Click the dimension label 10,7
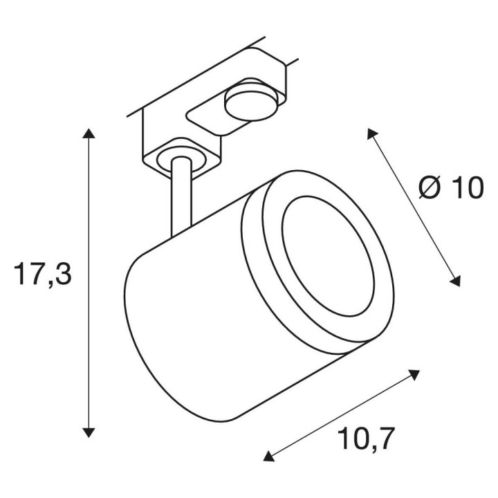click(x=367, y=439)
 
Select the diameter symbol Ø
click(x=430, y=188)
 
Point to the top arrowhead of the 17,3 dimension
click(x=89, y=133)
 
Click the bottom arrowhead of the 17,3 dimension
click(x=89, y=432)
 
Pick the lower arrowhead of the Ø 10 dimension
click(x=455, y=281)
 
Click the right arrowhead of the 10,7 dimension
click(x=414, y=374)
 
